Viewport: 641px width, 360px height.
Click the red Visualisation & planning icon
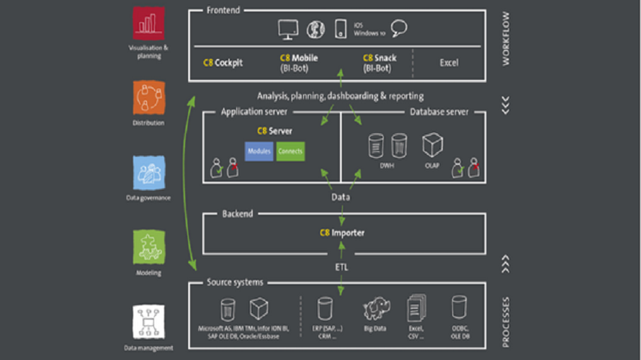pos(149,24)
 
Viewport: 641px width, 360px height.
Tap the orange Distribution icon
pos(149,97)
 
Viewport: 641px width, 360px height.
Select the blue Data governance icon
pos(149,173)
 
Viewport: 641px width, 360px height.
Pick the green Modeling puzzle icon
pos(149,248)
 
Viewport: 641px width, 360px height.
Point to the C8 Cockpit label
pos(223,63)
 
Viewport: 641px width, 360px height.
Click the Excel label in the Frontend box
pos(449,63)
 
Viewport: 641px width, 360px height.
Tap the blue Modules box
pos(259,151)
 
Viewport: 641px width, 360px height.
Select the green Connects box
pos(290,151)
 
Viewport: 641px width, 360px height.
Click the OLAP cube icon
pos(433,145)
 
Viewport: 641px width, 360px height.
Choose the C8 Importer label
pos(342,233)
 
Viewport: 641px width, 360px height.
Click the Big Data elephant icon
pos(375,309)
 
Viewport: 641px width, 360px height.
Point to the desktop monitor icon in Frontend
pos(289,29)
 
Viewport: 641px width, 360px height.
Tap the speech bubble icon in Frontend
pos(399,28)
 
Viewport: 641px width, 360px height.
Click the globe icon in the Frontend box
pos(315,29)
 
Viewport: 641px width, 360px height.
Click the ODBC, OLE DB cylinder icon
pos(459,307)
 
